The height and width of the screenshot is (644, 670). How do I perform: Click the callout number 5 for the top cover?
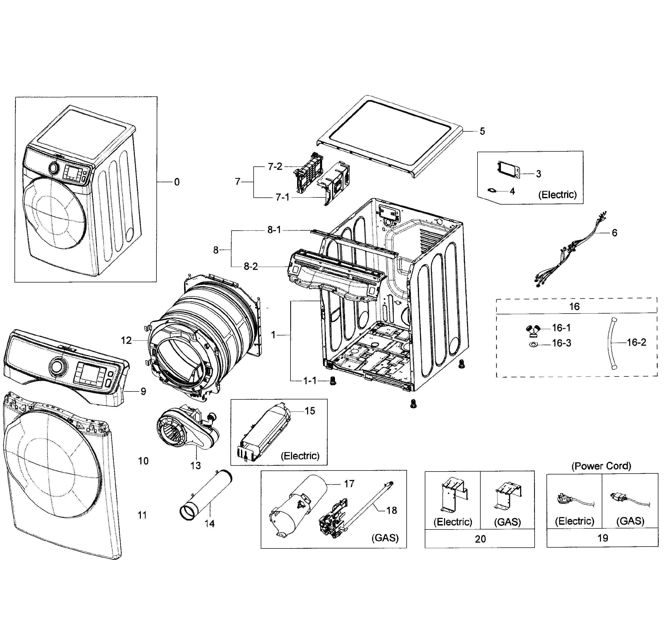coord(482,131)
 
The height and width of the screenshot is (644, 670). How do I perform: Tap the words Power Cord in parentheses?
coord(601,466)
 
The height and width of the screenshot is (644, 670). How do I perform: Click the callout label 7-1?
coord(282,197)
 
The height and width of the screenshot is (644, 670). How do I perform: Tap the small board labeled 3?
coord(509,170)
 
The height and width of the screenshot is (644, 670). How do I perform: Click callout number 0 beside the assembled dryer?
coord(177,182)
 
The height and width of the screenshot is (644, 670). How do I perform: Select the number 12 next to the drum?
coord(126,340)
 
